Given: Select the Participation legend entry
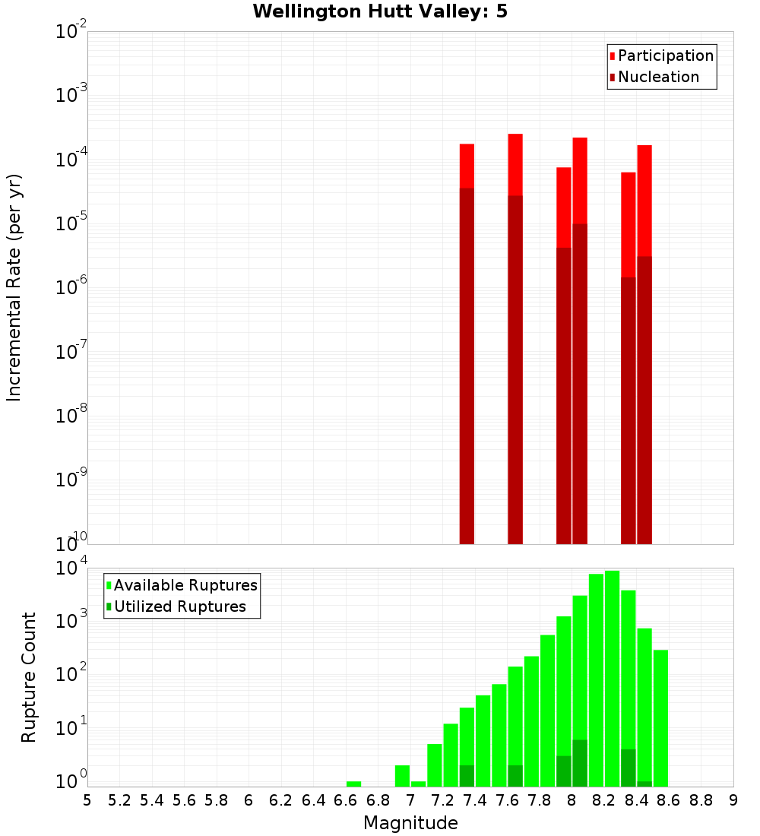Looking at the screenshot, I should (665, 55).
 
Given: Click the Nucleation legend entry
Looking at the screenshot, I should (657, 77).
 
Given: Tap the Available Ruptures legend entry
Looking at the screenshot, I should (185, 585).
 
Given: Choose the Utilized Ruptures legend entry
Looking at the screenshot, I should (179, 606).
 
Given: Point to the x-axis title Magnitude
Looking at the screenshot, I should (410, 823).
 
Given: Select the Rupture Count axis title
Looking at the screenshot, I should (29, 677).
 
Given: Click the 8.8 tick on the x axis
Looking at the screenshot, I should (701, 800).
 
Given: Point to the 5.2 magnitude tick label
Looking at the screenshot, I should (120, 800).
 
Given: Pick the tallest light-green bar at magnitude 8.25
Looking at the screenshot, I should (612, 676).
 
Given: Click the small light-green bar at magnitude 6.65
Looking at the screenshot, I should (353, 784).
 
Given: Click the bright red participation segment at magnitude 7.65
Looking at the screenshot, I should (515, 164).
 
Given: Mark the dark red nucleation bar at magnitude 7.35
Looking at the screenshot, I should (467, 365).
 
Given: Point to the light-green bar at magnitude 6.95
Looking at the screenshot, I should (402, 776).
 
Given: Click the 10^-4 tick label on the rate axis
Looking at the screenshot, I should (71, 159).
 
